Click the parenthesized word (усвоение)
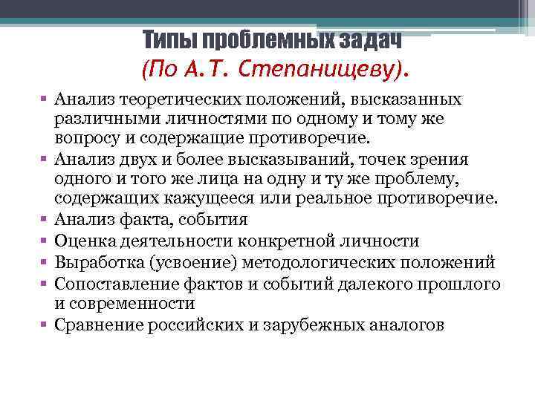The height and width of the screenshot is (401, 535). click(x=194, y=262)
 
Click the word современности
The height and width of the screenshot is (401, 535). click(x=132, y=304)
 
